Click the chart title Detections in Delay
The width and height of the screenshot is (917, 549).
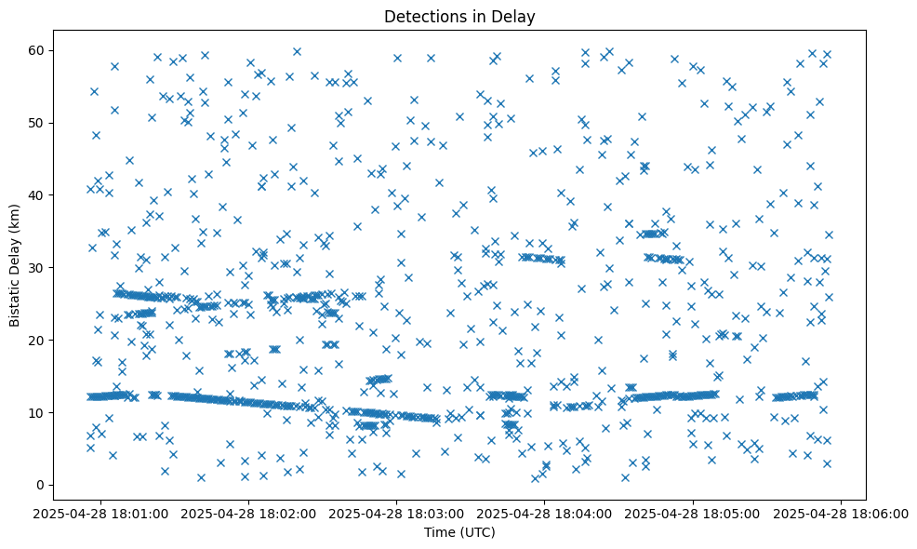pyautogui.click(x=459, y=16)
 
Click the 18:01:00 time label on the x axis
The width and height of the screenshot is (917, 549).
pyautogui.click(x=102, y=513)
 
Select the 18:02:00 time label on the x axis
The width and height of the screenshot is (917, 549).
pyautogui.click(x=250, y=513)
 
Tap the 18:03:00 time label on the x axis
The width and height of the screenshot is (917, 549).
pyautogui.click(x=397, y=513)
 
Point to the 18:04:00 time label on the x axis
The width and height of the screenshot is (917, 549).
pyautogui.click(x=545, y=513)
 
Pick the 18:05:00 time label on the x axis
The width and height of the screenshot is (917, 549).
pyautogui.click(x=693, y=513)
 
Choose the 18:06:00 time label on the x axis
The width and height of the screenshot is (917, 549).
pyautogui.click(x=840, y=513)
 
